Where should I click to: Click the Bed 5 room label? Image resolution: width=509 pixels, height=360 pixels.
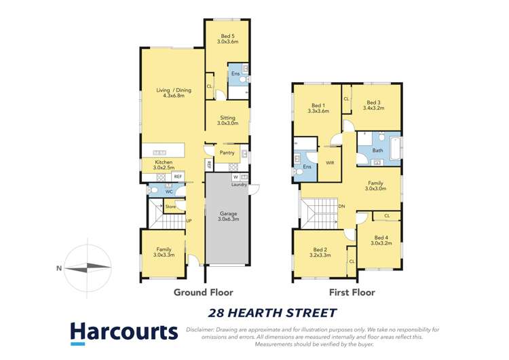point(227,38)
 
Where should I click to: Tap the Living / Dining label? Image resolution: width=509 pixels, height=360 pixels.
point(173,93)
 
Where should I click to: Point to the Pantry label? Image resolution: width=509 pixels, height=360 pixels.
point(227,153)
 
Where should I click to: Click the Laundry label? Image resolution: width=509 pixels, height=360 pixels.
point(239,184)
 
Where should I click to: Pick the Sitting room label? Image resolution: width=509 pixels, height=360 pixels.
point(227,120)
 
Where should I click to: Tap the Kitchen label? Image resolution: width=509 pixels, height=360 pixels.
point(164,166)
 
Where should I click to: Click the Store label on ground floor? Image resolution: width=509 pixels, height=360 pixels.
point(170,206)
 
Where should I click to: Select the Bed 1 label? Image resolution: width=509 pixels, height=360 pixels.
point(318,108)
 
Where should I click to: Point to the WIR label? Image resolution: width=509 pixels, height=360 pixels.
point(330,163)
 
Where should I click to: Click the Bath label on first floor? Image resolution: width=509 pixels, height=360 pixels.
point(378,150)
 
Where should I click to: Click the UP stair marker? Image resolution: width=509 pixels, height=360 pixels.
point(189,221)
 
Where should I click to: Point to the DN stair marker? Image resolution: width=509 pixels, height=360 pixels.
point(342,206)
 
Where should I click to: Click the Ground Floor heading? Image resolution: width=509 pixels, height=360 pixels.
point(203,293)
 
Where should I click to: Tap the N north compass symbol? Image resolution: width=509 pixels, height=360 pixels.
point(60,268)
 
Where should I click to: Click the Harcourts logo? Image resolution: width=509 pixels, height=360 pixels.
point(124,332)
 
